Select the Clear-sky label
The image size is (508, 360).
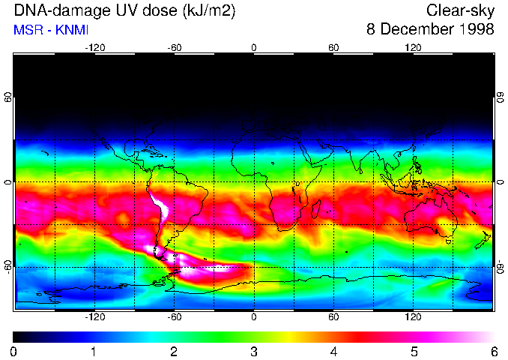[460, 10]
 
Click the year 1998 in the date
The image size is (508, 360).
[476, 30]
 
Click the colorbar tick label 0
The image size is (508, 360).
[14, 351]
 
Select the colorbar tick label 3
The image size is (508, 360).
[254, 351]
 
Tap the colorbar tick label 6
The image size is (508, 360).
[493, 351]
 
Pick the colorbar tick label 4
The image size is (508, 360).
[333, 351]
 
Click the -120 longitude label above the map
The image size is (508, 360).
[94, 49]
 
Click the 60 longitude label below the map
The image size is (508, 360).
[333, 316]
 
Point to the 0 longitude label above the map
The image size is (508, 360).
[254, 49]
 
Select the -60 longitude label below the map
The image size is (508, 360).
[174, 316]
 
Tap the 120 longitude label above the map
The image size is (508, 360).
[413, 49]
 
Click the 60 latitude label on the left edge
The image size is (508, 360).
[8, 98]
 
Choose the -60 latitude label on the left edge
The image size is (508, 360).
[8, 267]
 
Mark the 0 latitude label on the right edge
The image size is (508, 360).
[500, 182]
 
